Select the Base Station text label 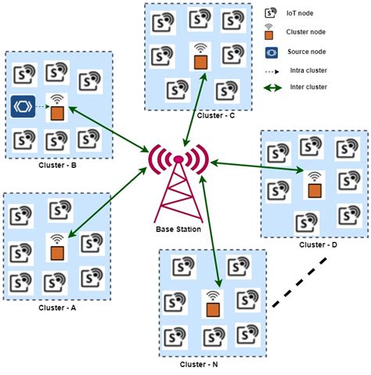(x=179, y=229)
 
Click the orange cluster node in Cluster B (x=56, y=113)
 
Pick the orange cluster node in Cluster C (x=200, y=60)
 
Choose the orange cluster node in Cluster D (x=314, y=190)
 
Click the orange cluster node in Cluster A (x=56, y=253)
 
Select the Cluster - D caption (x=318, y=245)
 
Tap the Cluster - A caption (x=57, y=308)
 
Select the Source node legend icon (x=272, y=52)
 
